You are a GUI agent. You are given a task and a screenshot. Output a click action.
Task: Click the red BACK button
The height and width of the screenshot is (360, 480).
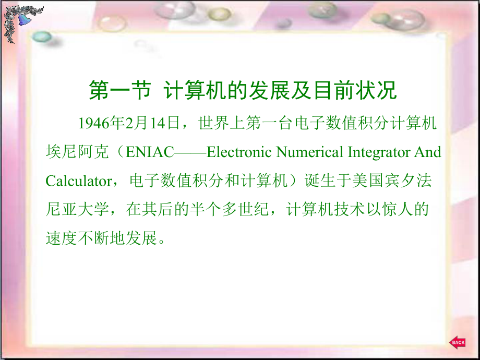point(458,342)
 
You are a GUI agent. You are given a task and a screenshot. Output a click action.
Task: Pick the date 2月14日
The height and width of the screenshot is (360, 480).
point(154,123)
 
